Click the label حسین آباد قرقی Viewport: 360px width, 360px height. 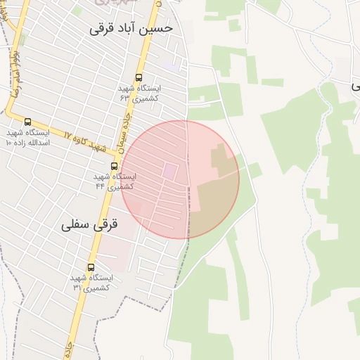(x=141, y=30)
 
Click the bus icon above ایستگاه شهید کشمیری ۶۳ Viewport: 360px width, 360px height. (x=139, y=78)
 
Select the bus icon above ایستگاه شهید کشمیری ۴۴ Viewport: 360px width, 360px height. (x=114, y=167)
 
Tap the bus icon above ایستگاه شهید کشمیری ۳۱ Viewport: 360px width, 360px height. (x=91, y=267)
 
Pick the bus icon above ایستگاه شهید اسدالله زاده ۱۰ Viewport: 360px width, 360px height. (x=27, y=122)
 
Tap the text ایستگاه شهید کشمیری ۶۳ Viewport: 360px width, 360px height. (x=140, y=94)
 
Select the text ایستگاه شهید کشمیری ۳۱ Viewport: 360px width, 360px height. (x=92, y=283)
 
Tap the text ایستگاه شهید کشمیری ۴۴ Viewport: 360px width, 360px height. (x=115, y=181)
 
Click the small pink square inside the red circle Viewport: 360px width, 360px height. (x=171, y=171)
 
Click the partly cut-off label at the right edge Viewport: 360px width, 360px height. (x=355, y=85)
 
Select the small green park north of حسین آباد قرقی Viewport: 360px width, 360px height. (x=23, y=38)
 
